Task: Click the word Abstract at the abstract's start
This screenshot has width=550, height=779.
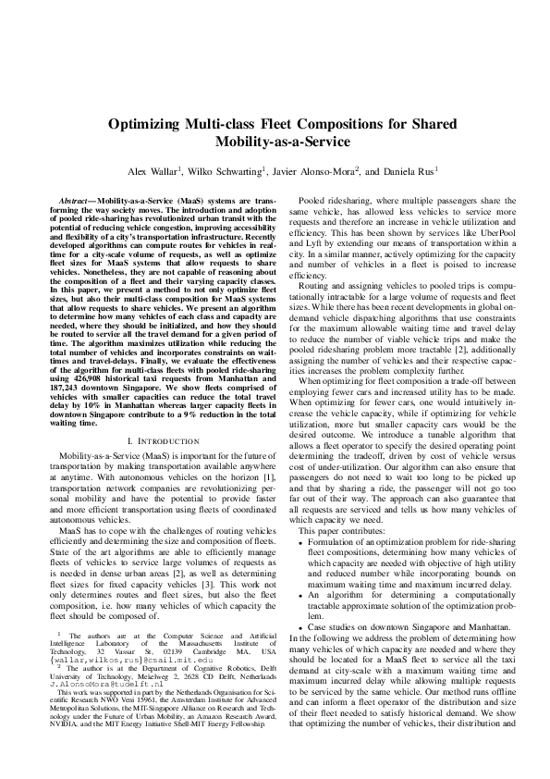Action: (72, 200)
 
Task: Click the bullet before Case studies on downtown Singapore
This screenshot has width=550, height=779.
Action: (299, 626)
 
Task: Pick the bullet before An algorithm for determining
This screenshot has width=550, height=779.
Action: (299, 596)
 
